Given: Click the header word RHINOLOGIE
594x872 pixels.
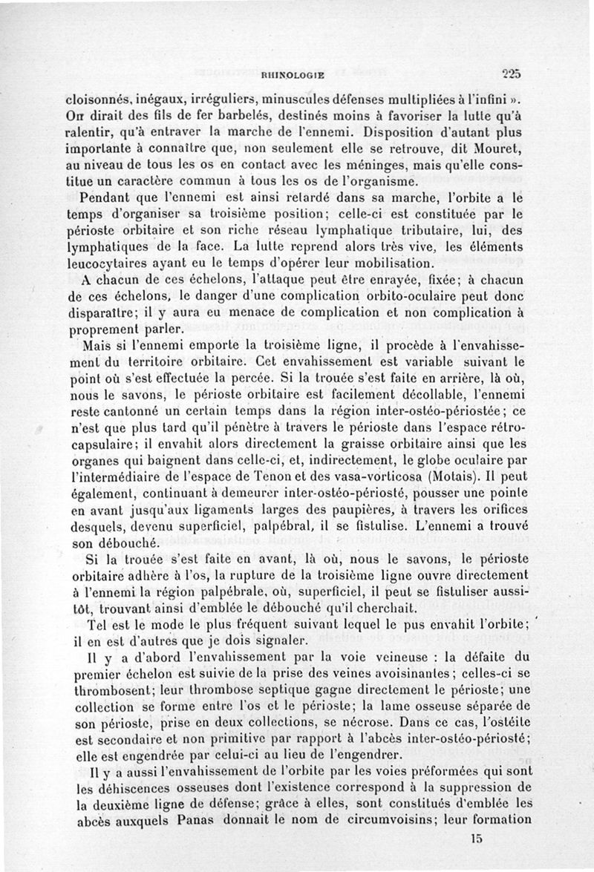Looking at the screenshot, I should (x=295, y=74).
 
